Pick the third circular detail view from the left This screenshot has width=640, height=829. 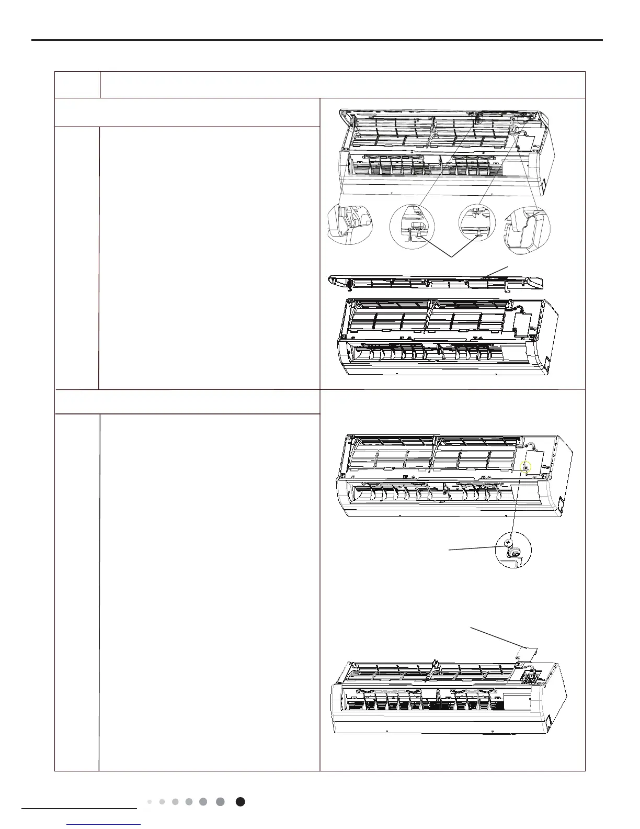click(477, 222)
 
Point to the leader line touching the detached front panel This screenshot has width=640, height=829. click(495, 271)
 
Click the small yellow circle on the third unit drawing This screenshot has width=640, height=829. click(526, 467)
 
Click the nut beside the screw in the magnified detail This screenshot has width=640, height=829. click(516, 553)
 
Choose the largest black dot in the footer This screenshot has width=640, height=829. click(240, 801)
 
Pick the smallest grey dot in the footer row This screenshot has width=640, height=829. click(150, 801)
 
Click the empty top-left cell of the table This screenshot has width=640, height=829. click(77, 85)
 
